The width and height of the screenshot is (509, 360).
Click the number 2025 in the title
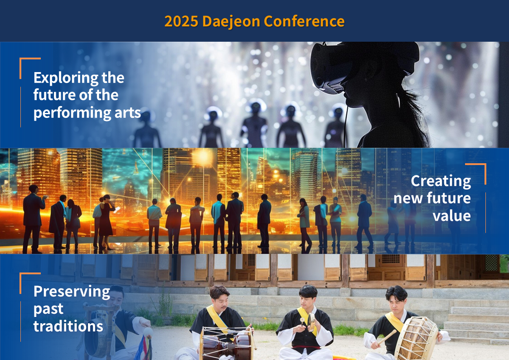181,21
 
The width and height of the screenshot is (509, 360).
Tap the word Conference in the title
304,21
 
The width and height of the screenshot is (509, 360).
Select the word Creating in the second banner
441,181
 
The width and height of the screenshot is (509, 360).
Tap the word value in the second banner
451,216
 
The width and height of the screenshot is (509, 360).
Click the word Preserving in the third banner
72,292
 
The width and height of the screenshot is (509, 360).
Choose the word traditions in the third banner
68,326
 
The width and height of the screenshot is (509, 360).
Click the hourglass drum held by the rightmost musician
417,339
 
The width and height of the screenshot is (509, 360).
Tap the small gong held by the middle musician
311,322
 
